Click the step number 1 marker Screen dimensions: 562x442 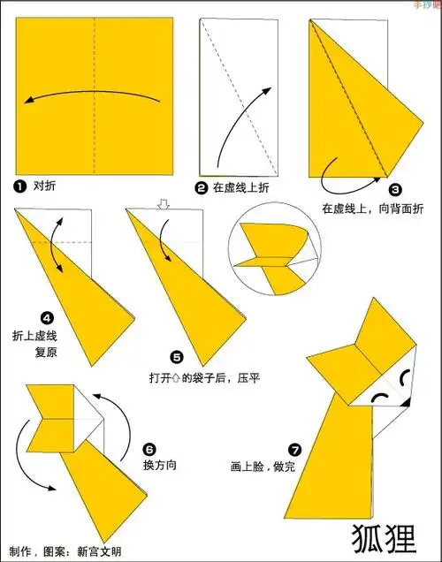coord(19,186)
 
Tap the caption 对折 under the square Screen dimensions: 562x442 coord(44,186)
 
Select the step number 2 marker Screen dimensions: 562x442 coord(202,187)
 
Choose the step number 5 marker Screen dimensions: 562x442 coord(177,357)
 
